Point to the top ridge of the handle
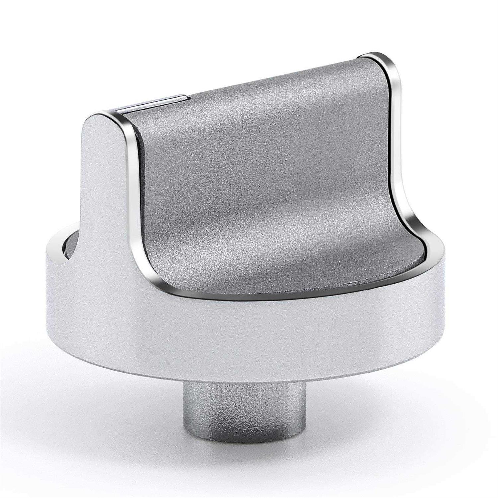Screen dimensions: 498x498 [x=266, y=80]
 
